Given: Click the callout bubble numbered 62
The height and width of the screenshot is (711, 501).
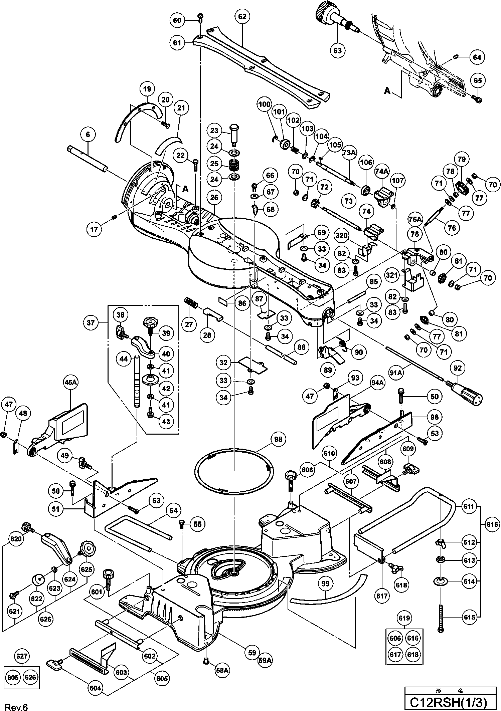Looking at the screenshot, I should [242, 16].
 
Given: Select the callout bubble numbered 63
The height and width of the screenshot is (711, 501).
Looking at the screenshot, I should [338, 50].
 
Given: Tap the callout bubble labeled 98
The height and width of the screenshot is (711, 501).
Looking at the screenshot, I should [278, 439].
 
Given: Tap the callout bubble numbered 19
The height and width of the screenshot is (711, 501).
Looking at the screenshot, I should [147, 89].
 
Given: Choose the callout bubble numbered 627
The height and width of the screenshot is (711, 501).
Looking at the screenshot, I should [22, 656].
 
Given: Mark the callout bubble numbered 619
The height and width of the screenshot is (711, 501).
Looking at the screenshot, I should [404, 618].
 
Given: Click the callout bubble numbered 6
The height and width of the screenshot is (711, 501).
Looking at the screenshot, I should [88, 135].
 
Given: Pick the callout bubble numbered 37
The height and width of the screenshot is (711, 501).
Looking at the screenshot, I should [91, 323].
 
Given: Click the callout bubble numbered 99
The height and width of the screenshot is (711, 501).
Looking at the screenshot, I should [325, 583].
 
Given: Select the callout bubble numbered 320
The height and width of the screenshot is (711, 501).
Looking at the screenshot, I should [341, 236].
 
